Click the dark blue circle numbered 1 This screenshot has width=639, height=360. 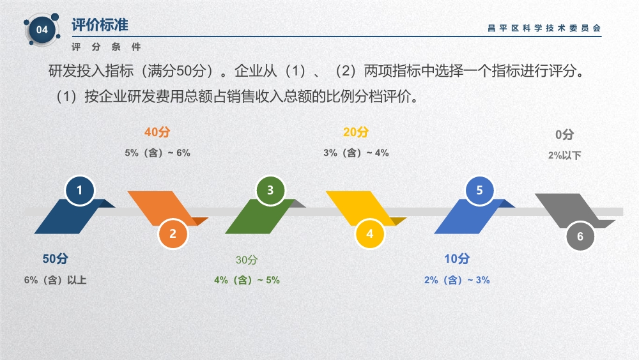click(80, 191)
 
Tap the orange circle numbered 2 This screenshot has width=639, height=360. click(173, 233)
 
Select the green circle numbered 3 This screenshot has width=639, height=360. click(270, 191)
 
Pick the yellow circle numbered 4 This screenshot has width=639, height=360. click(369, 233)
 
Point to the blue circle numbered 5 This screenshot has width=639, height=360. click(480, 191)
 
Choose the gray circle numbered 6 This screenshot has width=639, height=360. click(580, 236)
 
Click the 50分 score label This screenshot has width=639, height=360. click(56, 258)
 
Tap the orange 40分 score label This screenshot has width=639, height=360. click(157, 132)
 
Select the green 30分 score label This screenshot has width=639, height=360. click(247, 260)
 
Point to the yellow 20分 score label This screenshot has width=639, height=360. click(356, 132)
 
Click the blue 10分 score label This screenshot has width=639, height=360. click(457, 258)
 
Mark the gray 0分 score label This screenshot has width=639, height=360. click(565, 134)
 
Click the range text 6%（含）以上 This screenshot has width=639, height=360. click(56, 280)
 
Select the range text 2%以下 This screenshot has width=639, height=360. click(565, 155)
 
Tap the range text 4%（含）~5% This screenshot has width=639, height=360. click(247, 280)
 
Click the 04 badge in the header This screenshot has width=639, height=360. click(42, 30)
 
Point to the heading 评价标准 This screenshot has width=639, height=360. click(100, 25)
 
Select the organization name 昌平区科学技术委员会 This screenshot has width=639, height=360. click(544, 28)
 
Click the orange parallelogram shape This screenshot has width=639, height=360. click(163, 208)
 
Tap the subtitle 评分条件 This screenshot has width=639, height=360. click(106, 47)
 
